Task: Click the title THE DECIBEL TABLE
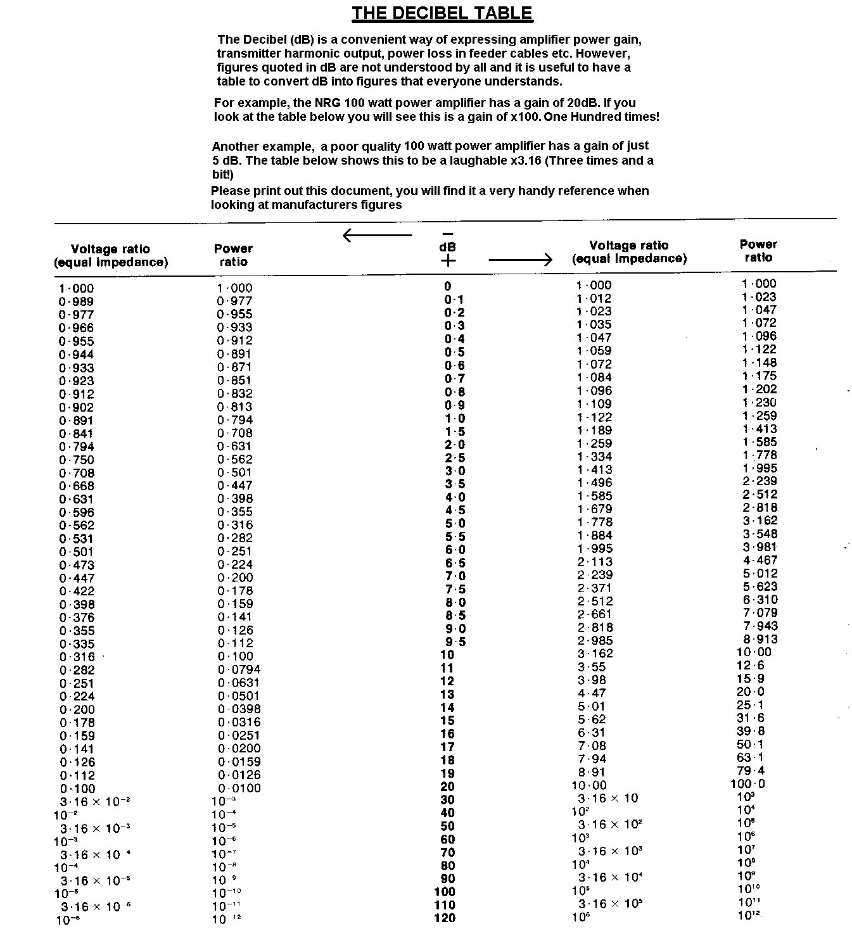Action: [x=442, y=13]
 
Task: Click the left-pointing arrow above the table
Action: [x=377, y=236]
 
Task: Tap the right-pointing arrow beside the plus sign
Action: [x=521, y=259]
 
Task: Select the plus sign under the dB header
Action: [x=448, y=260]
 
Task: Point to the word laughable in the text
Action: [x=479, y=160]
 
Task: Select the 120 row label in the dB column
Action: [x=445, y=918]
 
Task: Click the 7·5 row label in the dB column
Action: [x=455, y=589]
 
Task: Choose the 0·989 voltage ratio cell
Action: [x=76, y=301]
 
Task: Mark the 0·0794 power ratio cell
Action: [x=239, y=669]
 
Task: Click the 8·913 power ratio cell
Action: [x=760, y=639]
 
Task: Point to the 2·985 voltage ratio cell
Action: [x=594, y=641]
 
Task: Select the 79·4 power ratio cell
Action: [x=751, y=771]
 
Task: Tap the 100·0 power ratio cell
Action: [x=747, y=784]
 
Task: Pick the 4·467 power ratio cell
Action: [x=760, y=560]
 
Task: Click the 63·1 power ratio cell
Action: [x=751, y=757]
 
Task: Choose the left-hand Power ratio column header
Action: [x=233, y=255]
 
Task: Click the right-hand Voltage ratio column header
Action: [x=629, y=251]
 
